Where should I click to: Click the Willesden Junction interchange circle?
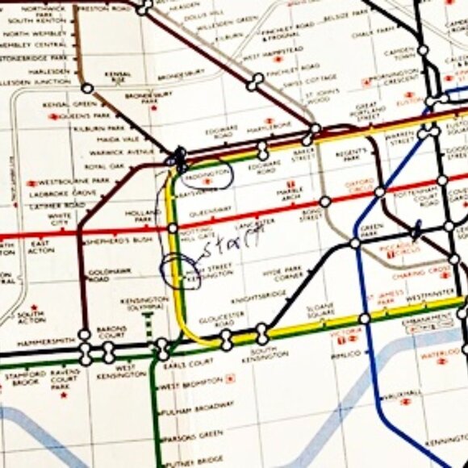point(86,88)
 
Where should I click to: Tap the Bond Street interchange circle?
point(325,201)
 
